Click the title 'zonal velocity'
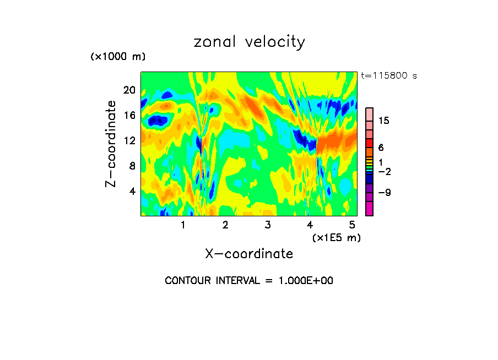pyautogui.click(x=249, y=42)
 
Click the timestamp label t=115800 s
pyautogui.click(x=389, y=75)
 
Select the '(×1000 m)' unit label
pyautogui.click(x=117, y=57)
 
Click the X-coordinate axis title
pyautogui.click(x=249, y=254)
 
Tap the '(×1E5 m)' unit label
pyautogui.click(x=336, y=237)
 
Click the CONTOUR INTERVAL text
pyautogui.click(x=249, y=281)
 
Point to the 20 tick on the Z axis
pyautogui.click(x=129, y=90)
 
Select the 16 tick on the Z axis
pyautogui.click(x=129, y=115)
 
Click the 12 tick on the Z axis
pyautogui.click(x=129, y=140)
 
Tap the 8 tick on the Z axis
pyautogui.click(x=132, y=166)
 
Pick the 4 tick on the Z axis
pyautogui.click(x=132, y=191)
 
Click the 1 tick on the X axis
pyautogui.click(x=183, y=225)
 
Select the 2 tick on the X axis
pyautogui.click(x=225, y=225)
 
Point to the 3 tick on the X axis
pyautogui.click(x=267, y=225)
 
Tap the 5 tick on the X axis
pyautogui.click(x=352, y=225)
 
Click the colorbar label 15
pyautogui.click(x=383, y=121)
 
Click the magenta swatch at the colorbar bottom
pyautogui.click(x=369, y=209)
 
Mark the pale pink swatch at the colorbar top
pyautogui.click(x=369, y=113)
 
